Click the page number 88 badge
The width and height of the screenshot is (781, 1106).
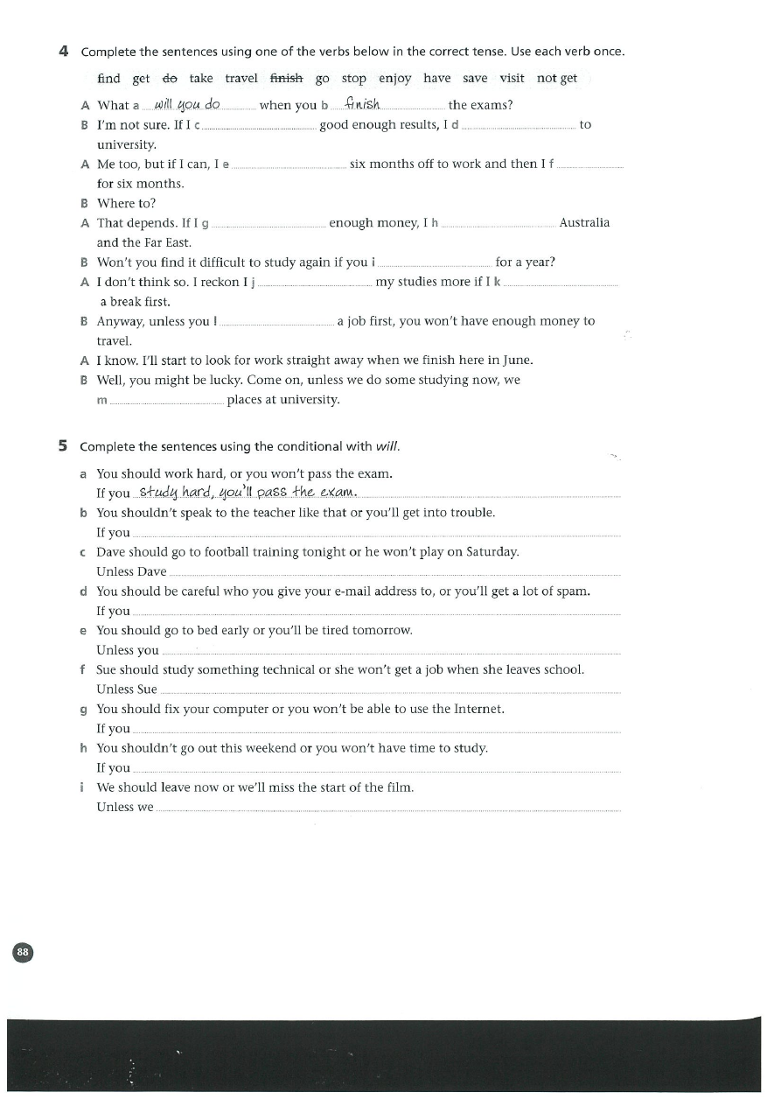23,952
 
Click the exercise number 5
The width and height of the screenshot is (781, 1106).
63,446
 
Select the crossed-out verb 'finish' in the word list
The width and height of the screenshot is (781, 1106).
286,79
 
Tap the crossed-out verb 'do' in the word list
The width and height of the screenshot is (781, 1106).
170,79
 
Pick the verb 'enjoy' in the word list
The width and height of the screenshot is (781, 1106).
394,79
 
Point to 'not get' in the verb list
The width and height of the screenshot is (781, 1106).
557,79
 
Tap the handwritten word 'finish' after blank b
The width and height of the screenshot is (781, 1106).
362,105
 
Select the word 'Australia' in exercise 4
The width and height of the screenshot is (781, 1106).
584,223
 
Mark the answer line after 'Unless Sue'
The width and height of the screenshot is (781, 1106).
389,690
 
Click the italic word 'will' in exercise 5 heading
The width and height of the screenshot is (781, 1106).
387,447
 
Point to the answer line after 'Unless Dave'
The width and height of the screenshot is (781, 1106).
394,572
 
